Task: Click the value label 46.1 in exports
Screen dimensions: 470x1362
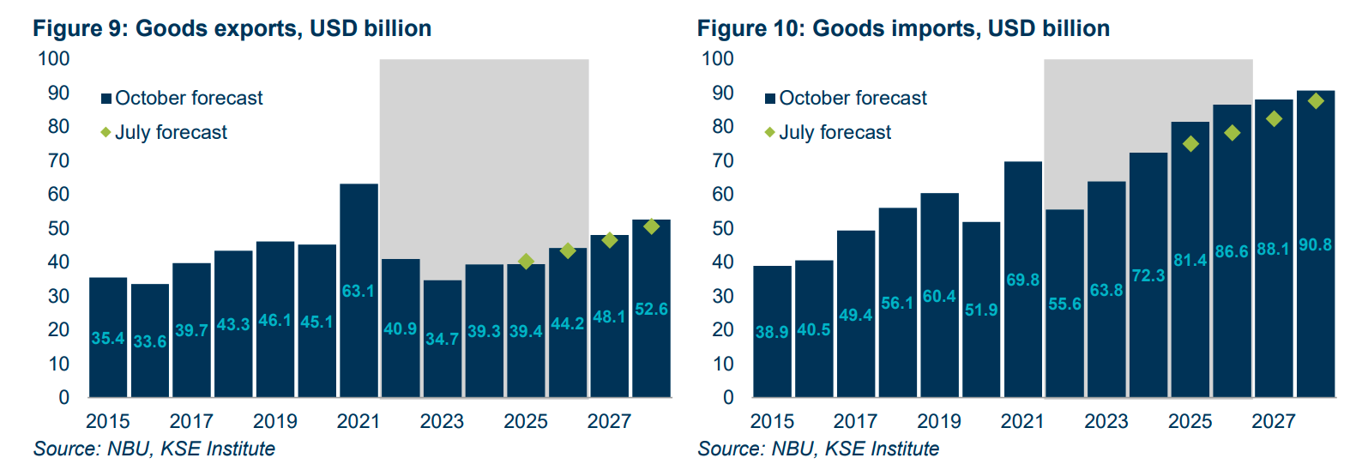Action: [x=274, y=321]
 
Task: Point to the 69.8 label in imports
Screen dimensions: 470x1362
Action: [x=1022, y=280]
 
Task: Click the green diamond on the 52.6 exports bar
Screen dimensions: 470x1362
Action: [x=651, y=226]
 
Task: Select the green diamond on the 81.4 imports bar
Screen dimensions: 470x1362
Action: [x=1190, y=144]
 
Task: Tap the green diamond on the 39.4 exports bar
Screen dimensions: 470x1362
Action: [x=526, y=261]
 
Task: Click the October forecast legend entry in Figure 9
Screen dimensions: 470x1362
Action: [x=181, y=99]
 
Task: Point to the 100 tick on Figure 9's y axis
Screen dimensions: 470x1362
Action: [x=54, y=59]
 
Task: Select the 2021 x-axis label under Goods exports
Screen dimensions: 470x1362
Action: [x=359, y=421]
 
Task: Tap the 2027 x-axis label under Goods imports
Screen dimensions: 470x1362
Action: [x=1273, y=421]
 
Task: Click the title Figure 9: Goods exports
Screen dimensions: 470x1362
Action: [x=232, y=28]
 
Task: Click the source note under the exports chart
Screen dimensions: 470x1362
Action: [x=154, y=449]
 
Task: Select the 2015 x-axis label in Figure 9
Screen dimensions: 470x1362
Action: [x=108, y=421]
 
